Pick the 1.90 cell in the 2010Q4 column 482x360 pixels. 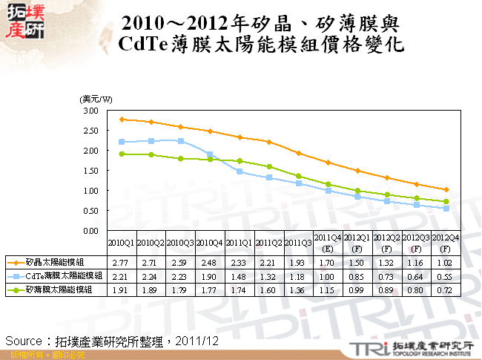click(x=210, y=277)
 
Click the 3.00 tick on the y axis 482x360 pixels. click(x=91, y=111)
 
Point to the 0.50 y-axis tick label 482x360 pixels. click(x=91, y=211)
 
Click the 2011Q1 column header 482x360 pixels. click(x=239, y=243)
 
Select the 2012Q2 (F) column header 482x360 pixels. click(x=386, y=243)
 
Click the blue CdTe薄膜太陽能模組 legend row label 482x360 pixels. click(x=54, y=277)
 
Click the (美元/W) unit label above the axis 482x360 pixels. click(x=96, y=99)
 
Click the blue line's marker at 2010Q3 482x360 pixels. click(x=181, y=141)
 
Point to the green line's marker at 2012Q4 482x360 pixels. click(x=446, y=201)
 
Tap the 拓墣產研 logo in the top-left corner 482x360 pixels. click(x=24, y=22)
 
